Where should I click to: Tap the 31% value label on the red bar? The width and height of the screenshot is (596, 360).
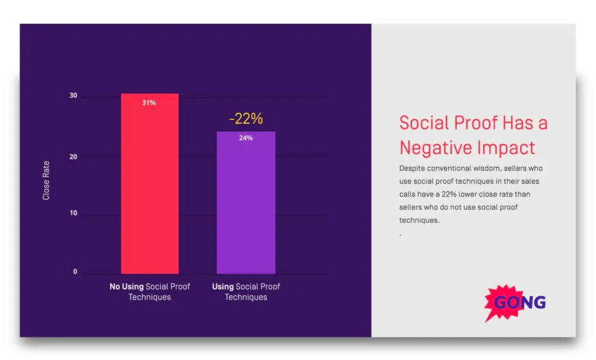pyautogui.click(x=149, y=103)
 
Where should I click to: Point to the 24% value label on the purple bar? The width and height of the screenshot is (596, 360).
pyautogui.click(x=246, y=138)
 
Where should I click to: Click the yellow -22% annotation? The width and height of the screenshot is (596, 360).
pyautogui.click(x=246, y=119)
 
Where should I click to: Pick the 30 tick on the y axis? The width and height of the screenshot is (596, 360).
pyautogui.click(x=73, y=95)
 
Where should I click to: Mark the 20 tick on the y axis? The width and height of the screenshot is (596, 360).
pyautogui.click(x=73, y=156)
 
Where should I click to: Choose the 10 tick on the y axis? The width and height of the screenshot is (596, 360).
pyautogui.click(x=73, y=213)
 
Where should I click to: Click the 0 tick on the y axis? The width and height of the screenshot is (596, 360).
pyautogui.click(x=75, y=272)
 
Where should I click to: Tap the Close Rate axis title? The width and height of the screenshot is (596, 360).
pyautogui.click(x=47, y=181)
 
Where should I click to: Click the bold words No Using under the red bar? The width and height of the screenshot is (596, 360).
pyautogui.click(x=126, y=287)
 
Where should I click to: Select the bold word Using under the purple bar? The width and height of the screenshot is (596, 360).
pyautogui.click(x=222, y=287)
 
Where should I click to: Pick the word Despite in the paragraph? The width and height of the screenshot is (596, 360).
pyautogui.click(x=412, y=169)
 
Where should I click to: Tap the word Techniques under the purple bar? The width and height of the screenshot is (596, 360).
pyautogui.click(x=246, y=297)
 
